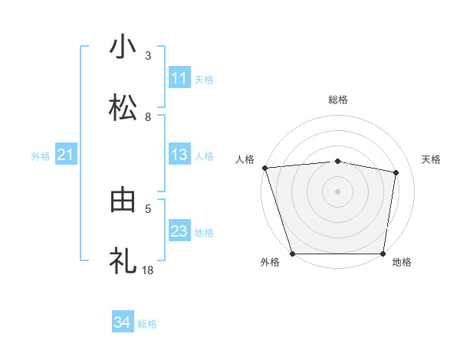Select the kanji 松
(x=123, y=107)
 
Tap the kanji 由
(x=123, y=200)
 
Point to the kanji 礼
(x=123, y=261)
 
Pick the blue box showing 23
(x=179, y=232)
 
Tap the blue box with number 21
(x=66, y=155)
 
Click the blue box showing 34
(x=122, y=323)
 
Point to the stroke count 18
(x=149, y=270)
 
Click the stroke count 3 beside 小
(x=148, y=55)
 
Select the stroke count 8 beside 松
(x=148, y=116)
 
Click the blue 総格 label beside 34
(x=147, y=324)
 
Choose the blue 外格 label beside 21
(x=41, y=156)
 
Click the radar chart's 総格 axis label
(x=338, y=100)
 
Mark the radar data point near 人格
(x=265, y=168)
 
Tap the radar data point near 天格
(x=396, y=172)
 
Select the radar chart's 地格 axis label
(x=402, y=263)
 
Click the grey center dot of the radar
(x=338, y=191)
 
